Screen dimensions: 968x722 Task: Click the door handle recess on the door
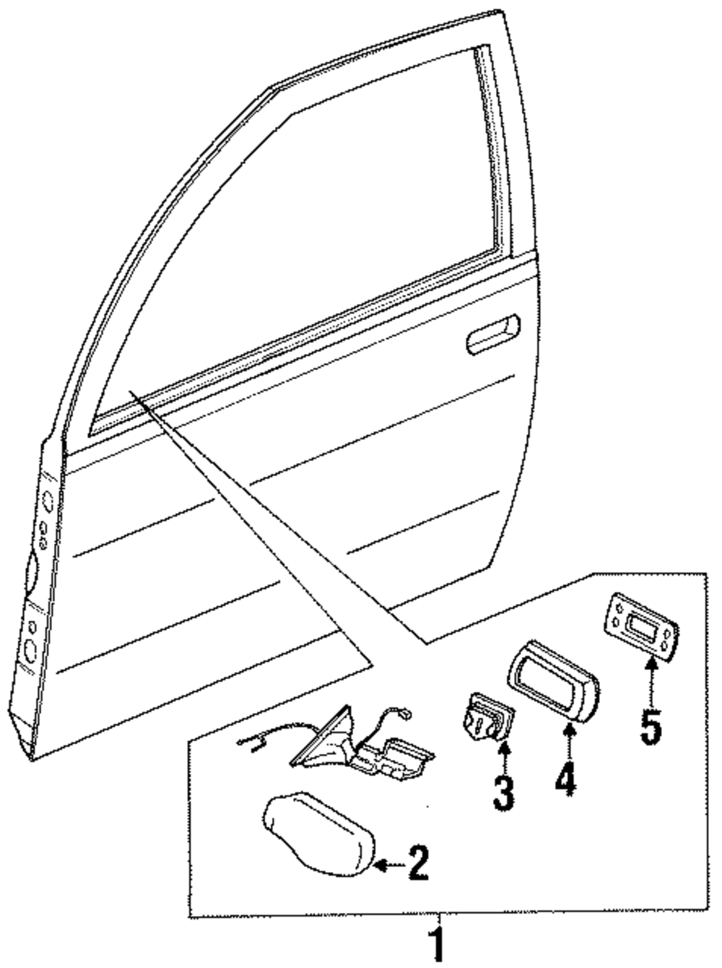[x=493, y=334]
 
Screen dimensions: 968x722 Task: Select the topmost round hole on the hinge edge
[x=47, y=499]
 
